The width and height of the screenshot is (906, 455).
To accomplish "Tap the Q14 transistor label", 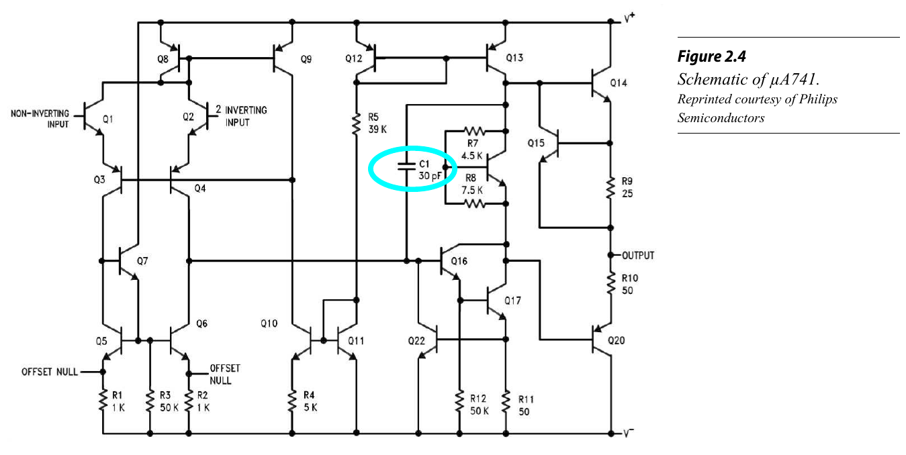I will pos(618,83).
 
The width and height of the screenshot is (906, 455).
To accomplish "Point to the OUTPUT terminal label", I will pos(638,256).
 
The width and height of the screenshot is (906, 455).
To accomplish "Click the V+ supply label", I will pos(629,19).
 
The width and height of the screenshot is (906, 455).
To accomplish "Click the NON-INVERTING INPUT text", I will pos(40,119).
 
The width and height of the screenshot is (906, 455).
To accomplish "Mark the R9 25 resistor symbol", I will pos(610,189).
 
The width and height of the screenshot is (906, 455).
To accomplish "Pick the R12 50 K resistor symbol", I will pos(460,401).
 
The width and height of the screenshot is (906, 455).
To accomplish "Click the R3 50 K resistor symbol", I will pos(148,401).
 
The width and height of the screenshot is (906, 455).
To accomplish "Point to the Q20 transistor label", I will pos(616,340).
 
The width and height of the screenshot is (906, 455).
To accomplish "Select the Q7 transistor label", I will pos(142,261).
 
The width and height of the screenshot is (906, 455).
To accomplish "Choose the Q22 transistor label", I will pos(416,341).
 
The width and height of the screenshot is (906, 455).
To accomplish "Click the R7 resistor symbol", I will pos(475,131).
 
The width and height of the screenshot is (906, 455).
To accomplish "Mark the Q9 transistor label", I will pos(306,59).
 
